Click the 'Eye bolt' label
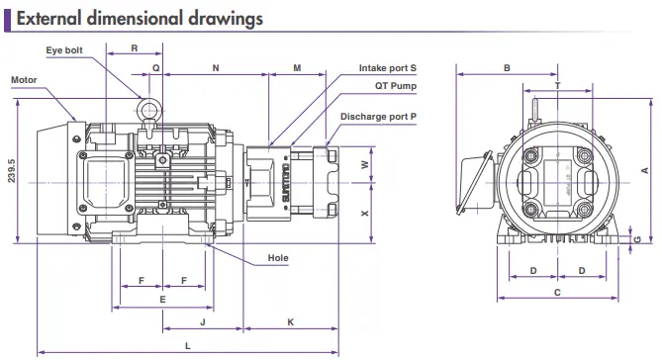point(64,50)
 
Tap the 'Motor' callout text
point(24,80)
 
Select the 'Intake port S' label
point(387,68)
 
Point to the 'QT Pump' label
point(396,86)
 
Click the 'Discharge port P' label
point(378,117)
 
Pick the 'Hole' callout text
point(278,258)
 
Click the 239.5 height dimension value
point(12,171)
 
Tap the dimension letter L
point(188,346)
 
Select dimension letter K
point(291,322)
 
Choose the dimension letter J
point(203,322)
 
